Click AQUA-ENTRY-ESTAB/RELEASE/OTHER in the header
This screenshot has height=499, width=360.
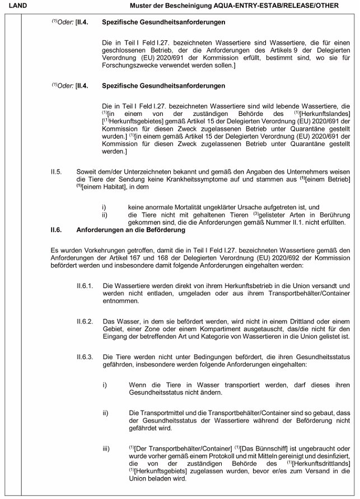(x=282, y=5)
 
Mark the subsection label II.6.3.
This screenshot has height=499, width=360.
(x=85, y=356)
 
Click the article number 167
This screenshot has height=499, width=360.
(x=151, y=255)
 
